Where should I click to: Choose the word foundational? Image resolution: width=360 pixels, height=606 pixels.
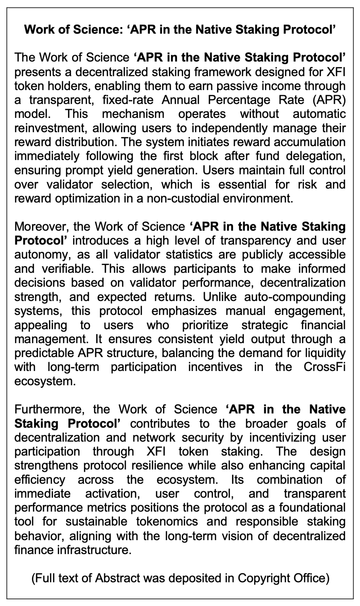(x=312, y=507)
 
